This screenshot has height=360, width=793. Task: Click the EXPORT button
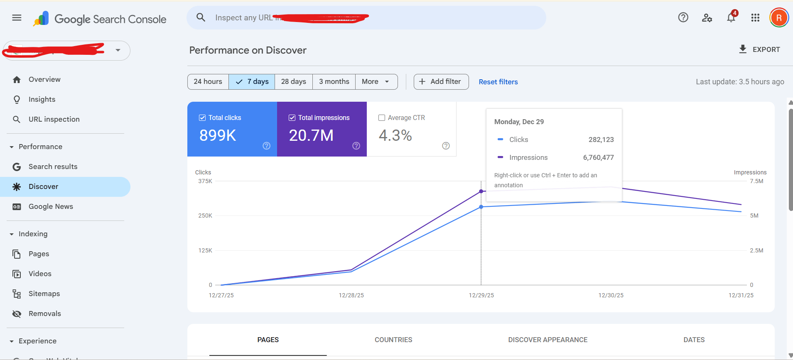click(760, 49)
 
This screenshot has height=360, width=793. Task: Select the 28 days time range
click(293, 82)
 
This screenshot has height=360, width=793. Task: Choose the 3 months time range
click(334, 82)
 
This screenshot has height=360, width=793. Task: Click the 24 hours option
click(208, 82)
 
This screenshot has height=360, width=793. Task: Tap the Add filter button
click(441, 82)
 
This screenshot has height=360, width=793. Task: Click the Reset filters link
click(498, 82)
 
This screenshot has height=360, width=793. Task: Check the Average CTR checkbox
click(382, 118)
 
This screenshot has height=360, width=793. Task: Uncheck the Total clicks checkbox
click(202, 118)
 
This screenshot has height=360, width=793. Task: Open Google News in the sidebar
click(51, 207)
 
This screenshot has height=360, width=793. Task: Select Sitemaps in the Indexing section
click(44, 294)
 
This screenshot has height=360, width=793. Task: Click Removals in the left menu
click(44, 314)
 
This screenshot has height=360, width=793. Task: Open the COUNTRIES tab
click(393, 340)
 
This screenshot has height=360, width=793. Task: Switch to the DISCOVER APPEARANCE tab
click(547, 340)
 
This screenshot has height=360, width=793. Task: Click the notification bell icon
click(731, 18)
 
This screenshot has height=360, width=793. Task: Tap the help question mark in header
click(683, 17)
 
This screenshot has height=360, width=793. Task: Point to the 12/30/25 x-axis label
click(611, 295)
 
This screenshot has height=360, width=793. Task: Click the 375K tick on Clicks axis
click(205, 181)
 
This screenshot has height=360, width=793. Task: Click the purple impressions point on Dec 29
click(481, 191)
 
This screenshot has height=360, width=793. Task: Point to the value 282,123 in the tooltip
click(601, 140)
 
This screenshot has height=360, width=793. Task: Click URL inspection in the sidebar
click(54, 120)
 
